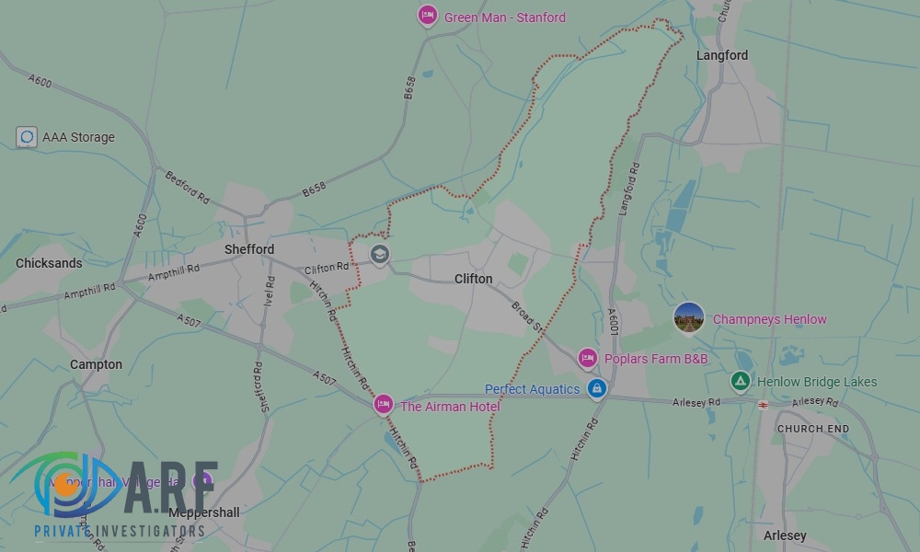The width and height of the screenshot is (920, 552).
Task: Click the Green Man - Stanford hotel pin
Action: coord(427,16)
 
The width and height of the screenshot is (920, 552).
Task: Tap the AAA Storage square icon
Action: coord(27,137)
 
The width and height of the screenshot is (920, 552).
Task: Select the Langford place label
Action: coord(722,55)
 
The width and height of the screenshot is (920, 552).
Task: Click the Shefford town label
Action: coord(249,249)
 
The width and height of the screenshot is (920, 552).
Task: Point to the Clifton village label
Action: coord(474,279)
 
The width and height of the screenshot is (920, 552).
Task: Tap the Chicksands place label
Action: coord(49,263)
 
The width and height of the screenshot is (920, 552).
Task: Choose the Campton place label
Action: coord(96,364)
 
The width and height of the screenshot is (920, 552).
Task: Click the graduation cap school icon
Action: coord(379,254)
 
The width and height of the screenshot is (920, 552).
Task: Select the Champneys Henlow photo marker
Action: coord(689,318)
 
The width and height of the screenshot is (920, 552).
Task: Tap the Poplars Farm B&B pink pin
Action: coord(588,358)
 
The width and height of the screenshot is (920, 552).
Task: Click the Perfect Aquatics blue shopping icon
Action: coord(597,389)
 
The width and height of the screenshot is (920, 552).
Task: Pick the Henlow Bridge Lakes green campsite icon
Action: coord(740,381)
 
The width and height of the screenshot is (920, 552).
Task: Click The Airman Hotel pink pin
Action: coord(384,404)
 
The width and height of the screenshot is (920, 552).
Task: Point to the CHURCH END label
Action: coord(813,429)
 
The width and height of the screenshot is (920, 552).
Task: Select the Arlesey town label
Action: coord(785,535)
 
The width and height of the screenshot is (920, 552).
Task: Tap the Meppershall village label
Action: coord(204,512)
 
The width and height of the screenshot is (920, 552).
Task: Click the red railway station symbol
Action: coord(763,403)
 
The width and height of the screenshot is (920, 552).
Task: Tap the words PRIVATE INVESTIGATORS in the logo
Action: coord(119,532)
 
